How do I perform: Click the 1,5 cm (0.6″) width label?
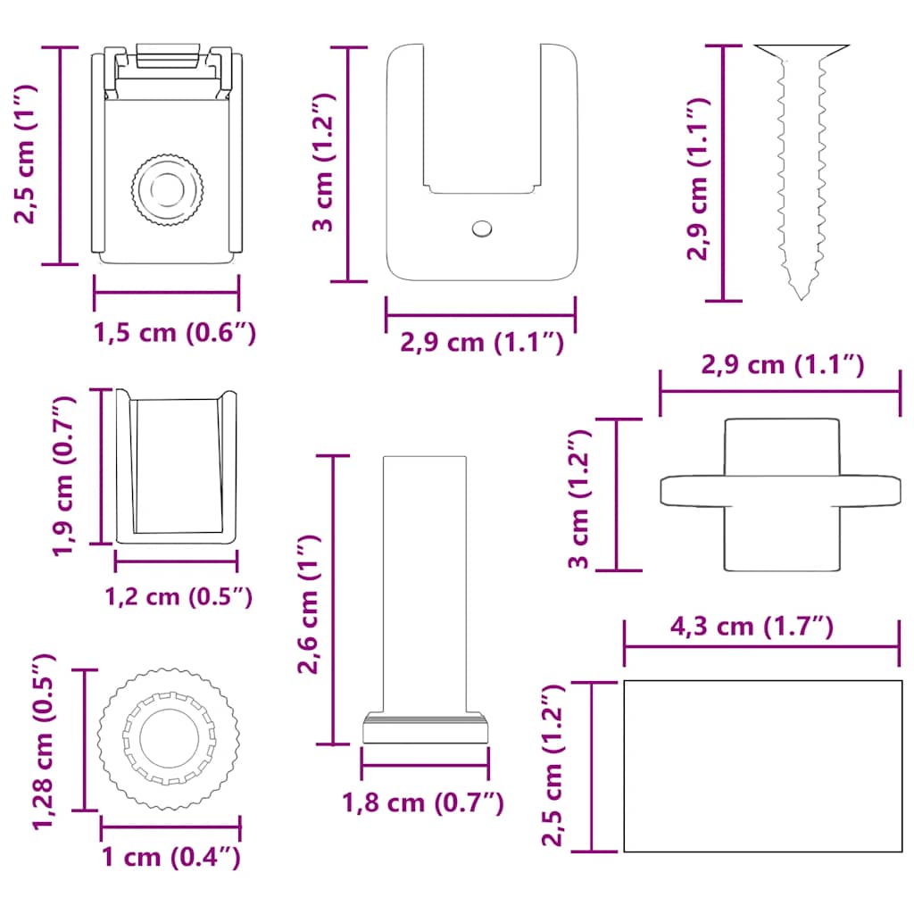point(175,333)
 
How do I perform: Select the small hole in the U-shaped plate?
point(481,228)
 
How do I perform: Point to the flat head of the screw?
point(801,50)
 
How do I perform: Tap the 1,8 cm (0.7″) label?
point(423,802)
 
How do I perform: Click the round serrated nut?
point(169,738)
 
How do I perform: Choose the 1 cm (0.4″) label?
point(170,858)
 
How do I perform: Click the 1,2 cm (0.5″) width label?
point(178,596)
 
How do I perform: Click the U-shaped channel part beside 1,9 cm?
point(177,467)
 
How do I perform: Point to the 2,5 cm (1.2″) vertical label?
point(553,765)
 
